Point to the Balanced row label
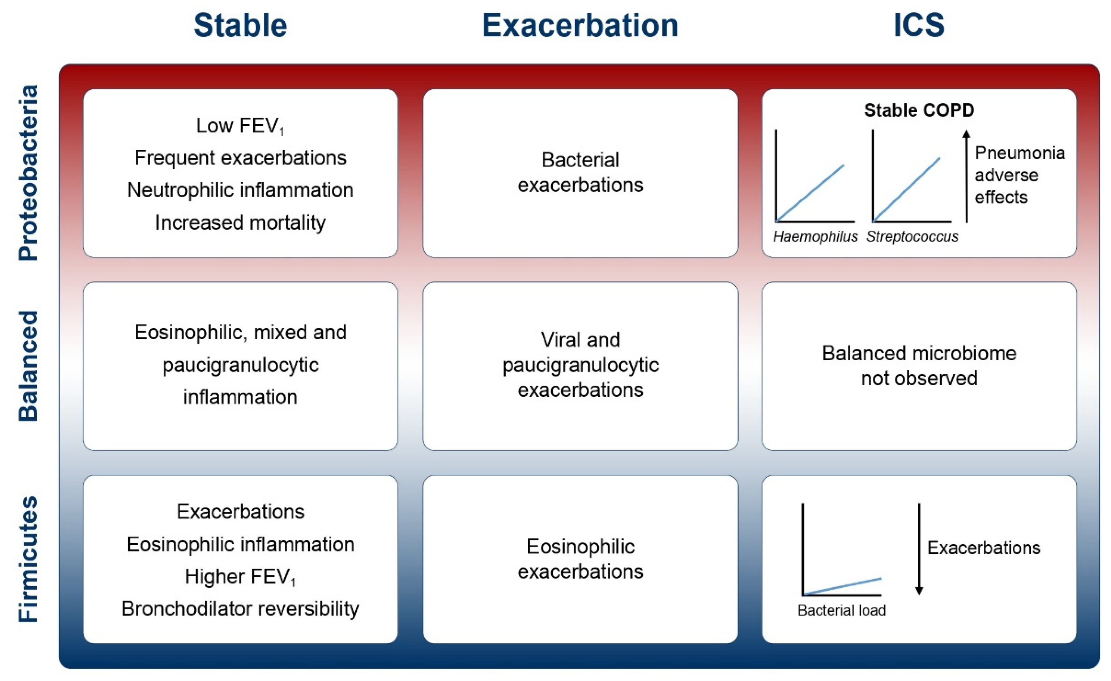(28, 366)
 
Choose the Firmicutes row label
(28, 559)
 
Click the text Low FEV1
(239, 126)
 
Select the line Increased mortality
(240, 223)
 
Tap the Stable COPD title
(919, 110)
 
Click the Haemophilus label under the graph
(815, 237)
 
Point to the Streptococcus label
(912, 237)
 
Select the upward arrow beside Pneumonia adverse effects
(966, 176)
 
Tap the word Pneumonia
(1019, 153)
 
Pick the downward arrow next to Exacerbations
(919, 549)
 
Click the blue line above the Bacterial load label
(842, 587)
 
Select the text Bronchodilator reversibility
(240, 609)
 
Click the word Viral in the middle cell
(559, 340)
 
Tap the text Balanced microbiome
(919, 353)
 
